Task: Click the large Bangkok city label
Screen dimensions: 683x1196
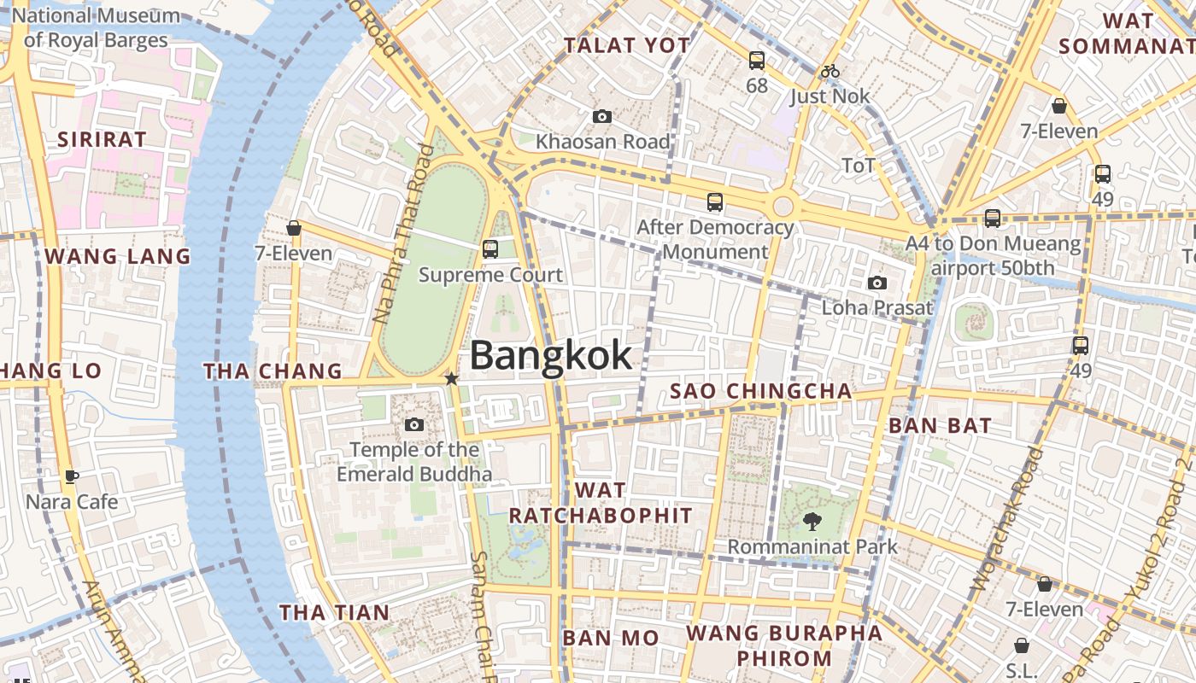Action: tap(551, 355)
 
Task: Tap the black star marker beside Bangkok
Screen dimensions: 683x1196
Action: tap(451, 378)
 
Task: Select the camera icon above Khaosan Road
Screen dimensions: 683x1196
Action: tap(602, 116)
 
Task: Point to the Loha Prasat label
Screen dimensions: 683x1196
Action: tap(876, 306)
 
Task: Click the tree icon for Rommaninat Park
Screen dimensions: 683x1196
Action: tap(812, 520)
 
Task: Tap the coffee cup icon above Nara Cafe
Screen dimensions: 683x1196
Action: tap(72, 476)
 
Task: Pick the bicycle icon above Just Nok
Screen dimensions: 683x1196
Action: tap(830, 72)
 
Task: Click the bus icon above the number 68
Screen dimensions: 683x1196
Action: tap(757, 61)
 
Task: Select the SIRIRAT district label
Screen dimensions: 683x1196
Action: tap(101, 139)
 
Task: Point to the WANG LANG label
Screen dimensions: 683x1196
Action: tap(117, 256)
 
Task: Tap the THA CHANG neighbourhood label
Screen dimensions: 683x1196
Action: tap(273, 371)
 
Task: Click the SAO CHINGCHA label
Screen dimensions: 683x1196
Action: tap(760, 391)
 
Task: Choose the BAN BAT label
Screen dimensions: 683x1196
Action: tap(940, 425)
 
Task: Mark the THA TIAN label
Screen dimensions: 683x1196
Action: tap(334, 612)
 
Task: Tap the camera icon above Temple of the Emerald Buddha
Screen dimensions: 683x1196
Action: tap(414, 424)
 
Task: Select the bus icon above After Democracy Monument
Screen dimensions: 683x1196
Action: tap(715, 202)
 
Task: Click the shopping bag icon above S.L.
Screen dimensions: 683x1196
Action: tap(1022, 645)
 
